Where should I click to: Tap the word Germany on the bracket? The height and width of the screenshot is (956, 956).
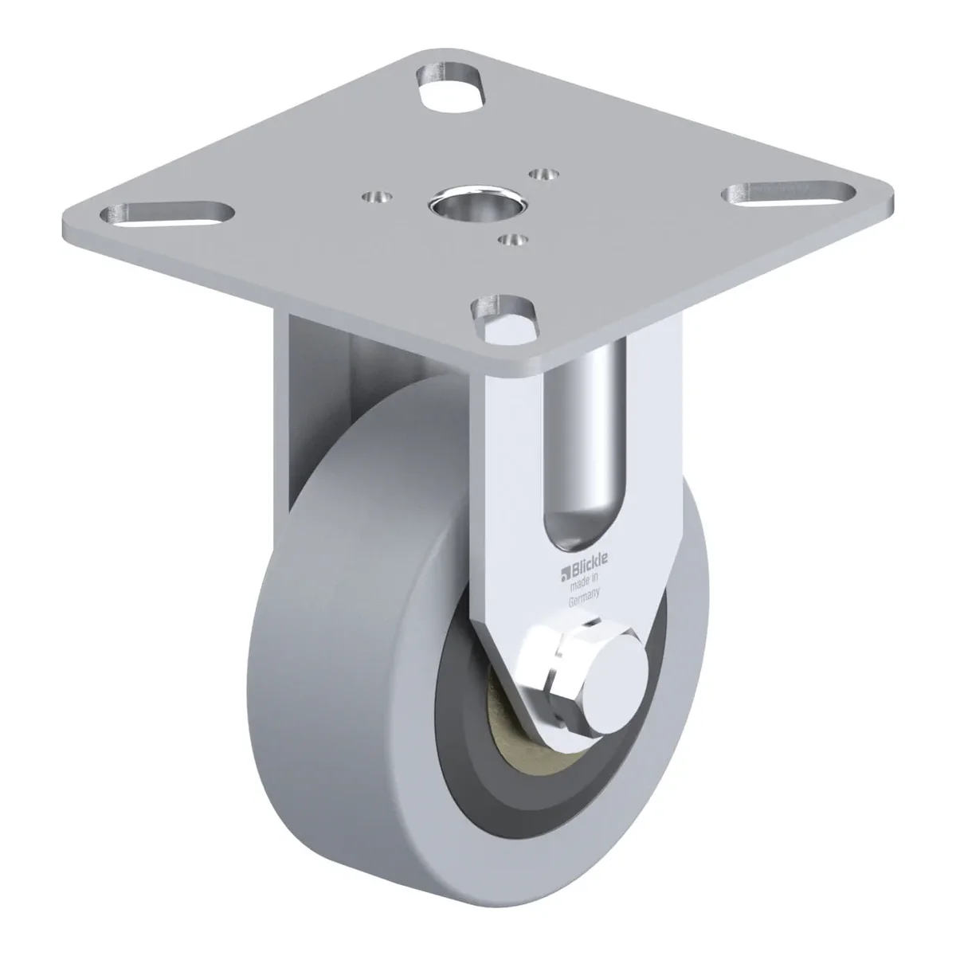pos(584,596)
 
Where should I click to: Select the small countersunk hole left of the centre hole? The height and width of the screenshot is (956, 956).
pos(377,197)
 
